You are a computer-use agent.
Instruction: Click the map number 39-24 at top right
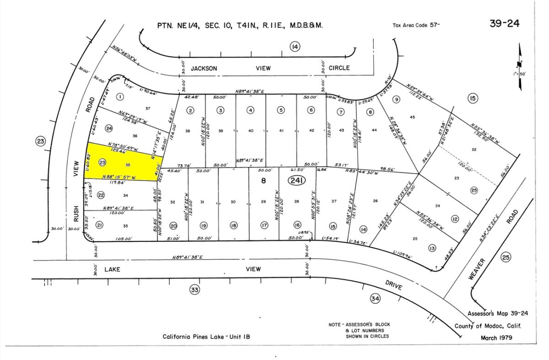[x=504, y=24]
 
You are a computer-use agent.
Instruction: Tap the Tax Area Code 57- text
[x=416, y=26]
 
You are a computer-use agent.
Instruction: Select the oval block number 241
[x=296, y=181]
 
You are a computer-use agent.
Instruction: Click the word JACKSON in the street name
[x=204, y=68]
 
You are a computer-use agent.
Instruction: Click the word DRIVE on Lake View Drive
[x=393, y=285]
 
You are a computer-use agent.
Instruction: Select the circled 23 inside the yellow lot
[x=102, y=162]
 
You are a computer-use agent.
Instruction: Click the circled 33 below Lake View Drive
[x=195, y=289]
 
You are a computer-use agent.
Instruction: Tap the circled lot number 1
[x=120, y=97]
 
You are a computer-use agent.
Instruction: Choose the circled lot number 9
[x=396, y=99]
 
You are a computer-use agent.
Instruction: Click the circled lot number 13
[x=432, y=248]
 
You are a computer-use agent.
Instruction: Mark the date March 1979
[x=496, y=338]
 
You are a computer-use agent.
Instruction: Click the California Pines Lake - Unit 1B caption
[x=207, y=337]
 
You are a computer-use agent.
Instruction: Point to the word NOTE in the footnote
[x=336, y=325]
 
